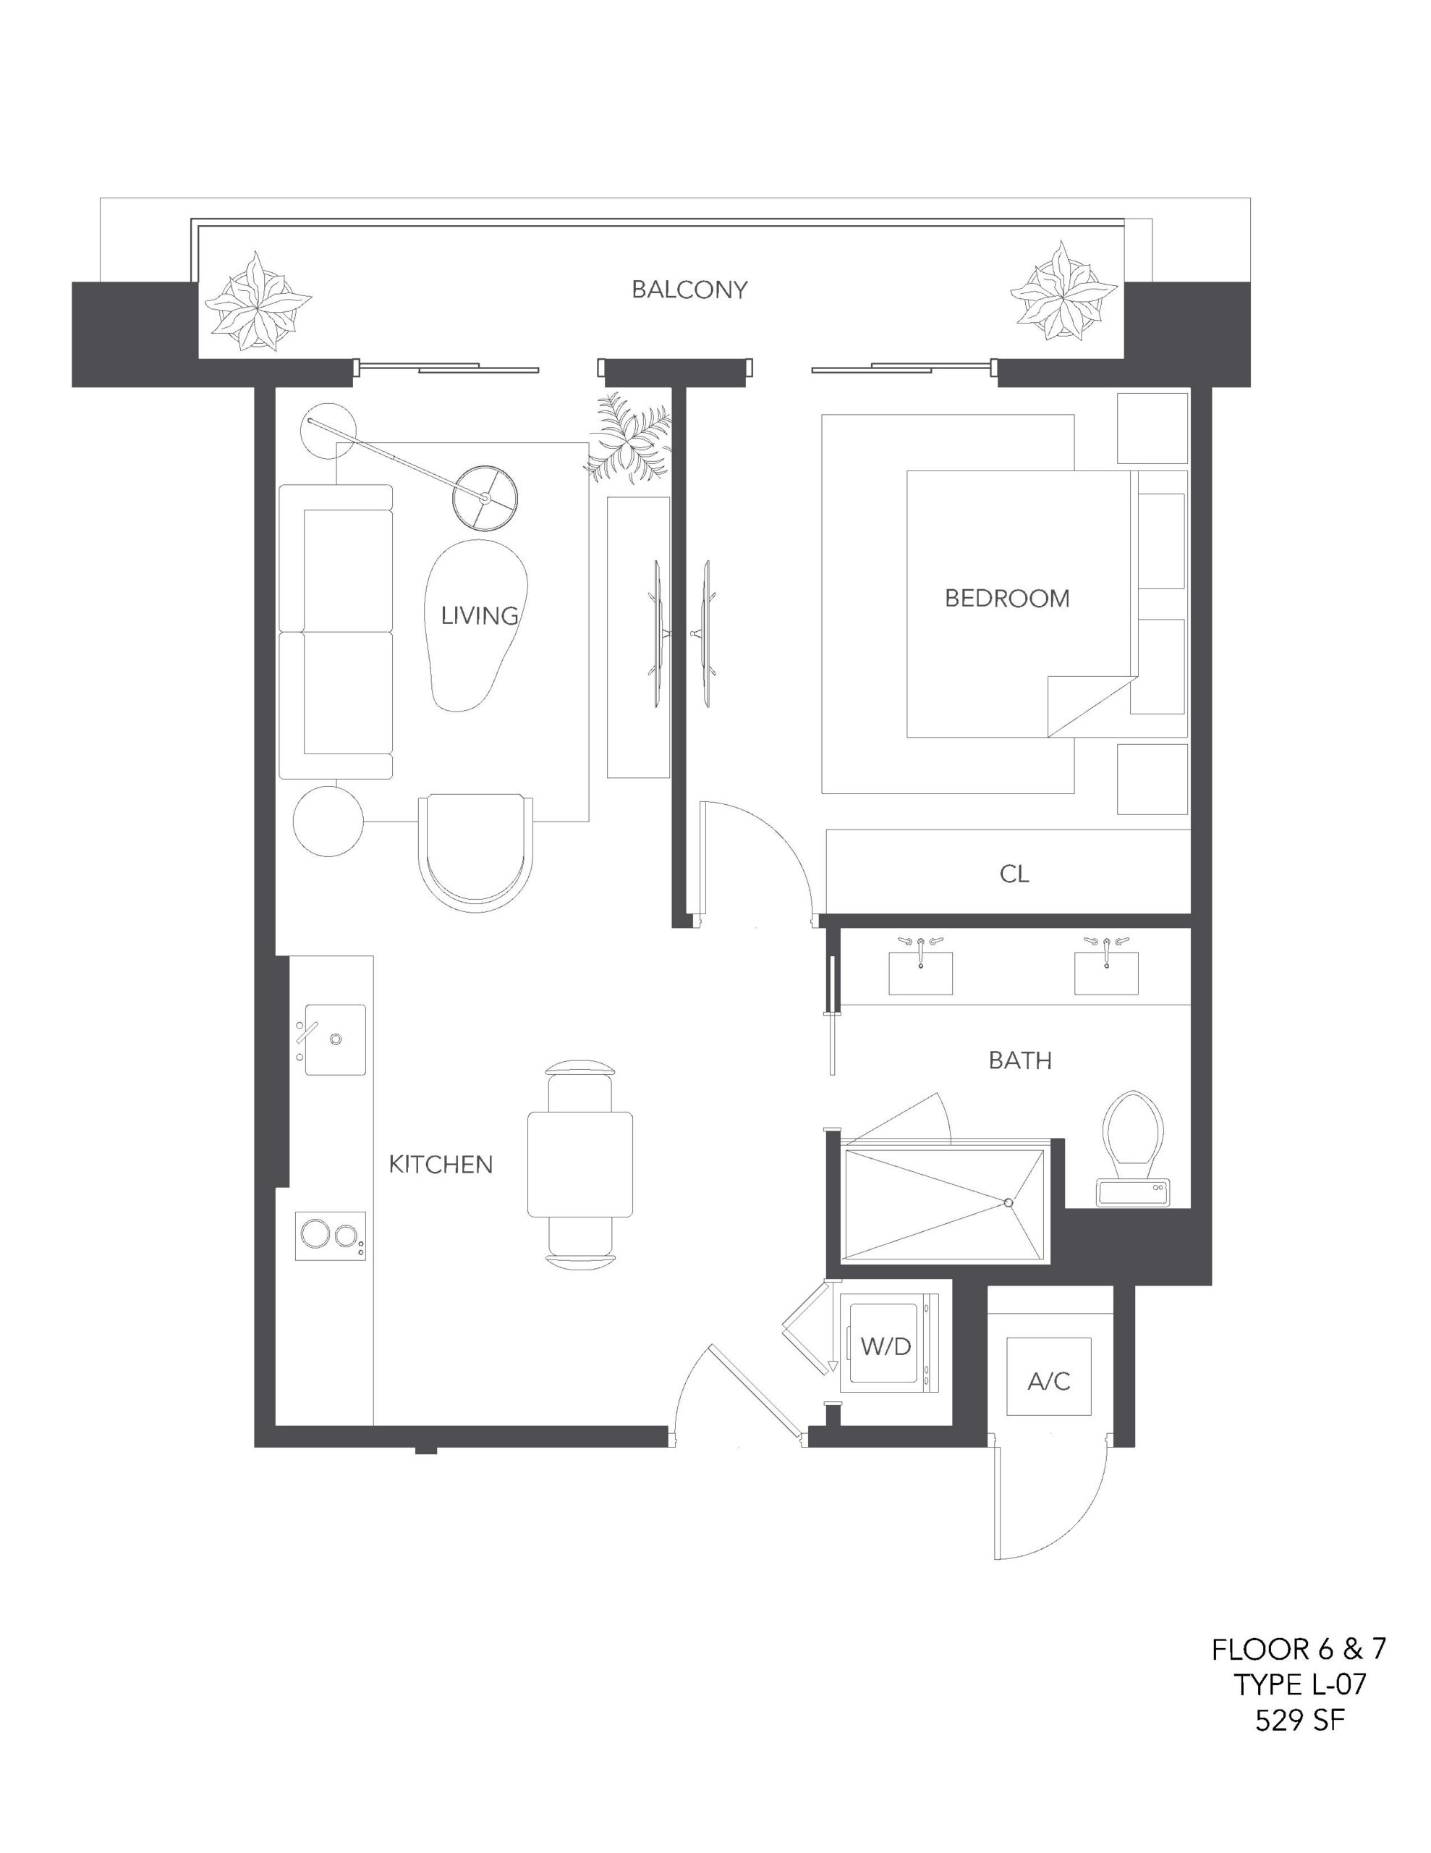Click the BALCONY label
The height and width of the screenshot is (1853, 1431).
coord(689,290)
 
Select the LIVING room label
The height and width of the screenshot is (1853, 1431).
coord(479,615)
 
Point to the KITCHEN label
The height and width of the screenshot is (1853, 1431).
coord(441,1164)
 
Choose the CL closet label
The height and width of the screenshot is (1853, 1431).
coord(1014,874)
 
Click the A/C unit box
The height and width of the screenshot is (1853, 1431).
coord(1049,1377)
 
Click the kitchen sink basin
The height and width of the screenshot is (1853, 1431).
coord(335,1039)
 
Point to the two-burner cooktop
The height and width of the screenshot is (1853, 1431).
coord(331,1236)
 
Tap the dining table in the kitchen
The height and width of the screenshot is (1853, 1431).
coord(580,1164)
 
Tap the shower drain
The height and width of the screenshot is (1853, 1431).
coord(1009,1202)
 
